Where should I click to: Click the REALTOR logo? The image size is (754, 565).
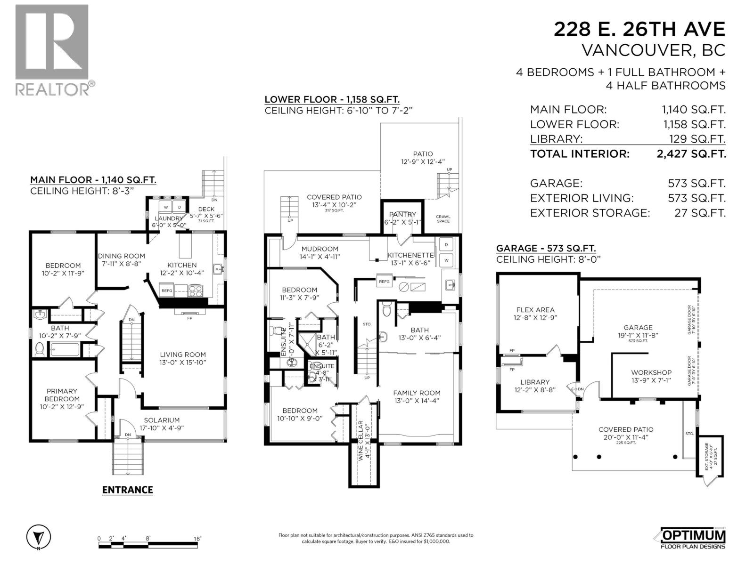(x=52, y=49)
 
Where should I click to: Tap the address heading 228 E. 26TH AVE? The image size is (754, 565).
(x=639, y=29)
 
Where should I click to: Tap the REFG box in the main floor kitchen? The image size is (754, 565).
(x=167, y=291)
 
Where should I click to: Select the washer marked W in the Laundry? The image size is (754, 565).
(x=166, y=207)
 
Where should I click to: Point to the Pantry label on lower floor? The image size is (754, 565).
(x=402, y=214)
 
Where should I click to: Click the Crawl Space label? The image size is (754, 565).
(x=443, y=219)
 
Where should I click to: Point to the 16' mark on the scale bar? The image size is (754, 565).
(x=197, y=538)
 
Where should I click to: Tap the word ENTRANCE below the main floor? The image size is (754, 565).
(x=128, y=490)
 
